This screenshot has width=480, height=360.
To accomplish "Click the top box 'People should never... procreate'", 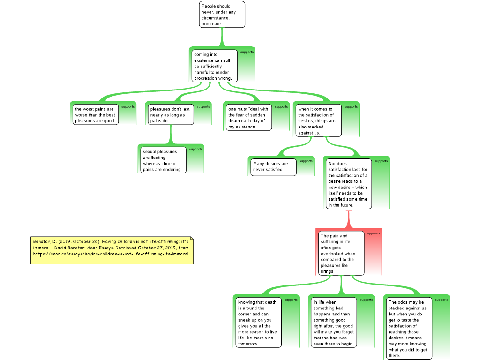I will [222, 15].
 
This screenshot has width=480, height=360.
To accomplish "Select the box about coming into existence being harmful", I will [214, 66].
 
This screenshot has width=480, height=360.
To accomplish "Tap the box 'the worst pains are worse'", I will [95, 115].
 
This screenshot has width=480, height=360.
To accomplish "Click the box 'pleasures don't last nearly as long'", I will [170, 115].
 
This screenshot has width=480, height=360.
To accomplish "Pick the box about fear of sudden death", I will [248, 118].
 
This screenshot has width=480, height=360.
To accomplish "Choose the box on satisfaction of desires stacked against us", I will [317, 121].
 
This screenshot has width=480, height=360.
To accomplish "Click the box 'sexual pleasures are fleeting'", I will [163, 160].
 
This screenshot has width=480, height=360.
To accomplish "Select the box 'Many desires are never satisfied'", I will [273, 166].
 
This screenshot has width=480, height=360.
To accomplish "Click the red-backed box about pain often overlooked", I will [341, 253].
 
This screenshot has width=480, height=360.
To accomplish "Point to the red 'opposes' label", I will [374, 233].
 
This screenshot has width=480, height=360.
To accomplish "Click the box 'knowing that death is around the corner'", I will [258, 322].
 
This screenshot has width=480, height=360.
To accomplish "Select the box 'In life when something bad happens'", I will [333, 322].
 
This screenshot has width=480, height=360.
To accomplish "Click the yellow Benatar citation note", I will [112, 247].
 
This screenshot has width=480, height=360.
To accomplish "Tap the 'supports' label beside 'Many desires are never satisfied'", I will [306, 161].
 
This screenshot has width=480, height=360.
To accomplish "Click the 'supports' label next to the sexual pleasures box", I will [195, 149].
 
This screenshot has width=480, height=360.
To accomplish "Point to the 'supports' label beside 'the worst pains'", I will [127, 107].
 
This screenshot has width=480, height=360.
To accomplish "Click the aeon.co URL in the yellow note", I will [111, 254].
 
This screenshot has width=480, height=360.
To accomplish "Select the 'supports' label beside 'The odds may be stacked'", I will [441, 300].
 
